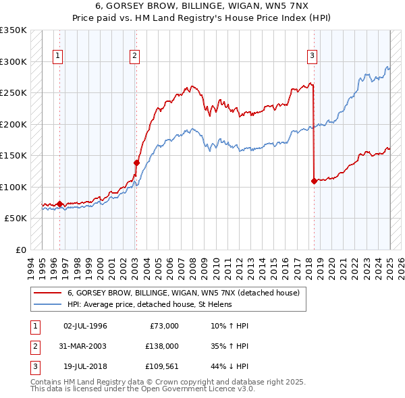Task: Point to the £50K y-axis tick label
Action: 16,219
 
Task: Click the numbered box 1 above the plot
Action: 58,56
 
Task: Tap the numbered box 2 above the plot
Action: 135,56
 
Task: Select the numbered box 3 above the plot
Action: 313,56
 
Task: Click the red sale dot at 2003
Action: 136,163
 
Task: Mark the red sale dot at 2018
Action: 314,181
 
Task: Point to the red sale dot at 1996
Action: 59,204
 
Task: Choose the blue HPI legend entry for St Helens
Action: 149,304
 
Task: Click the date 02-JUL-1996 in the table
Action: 85,326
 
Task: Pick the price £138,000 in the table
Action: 163,346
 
